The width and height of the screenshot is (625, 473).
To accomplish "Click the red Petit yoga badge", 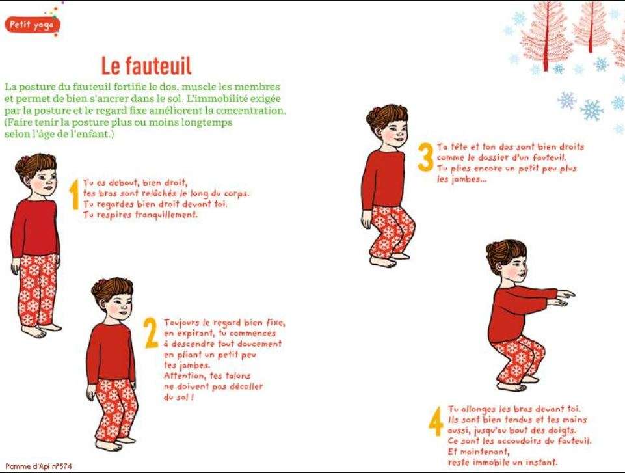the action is pos(32,25).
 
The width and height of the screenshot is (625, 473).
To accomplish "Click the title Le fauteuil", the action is pos(146,66).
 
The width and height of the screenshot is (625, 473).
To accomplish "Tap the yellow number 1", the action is pos(74,195).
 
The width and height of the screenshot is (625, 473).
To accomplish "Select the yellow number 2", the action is pos(151,332).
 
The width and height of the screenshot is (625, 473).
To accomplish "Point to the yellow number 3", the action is pos(425,157).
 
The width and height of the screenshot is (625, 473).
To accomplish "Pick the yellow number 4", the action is pos(436,422).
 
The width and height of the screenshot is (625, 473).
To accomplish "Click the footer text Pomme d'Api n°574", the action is pos(38,466).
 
